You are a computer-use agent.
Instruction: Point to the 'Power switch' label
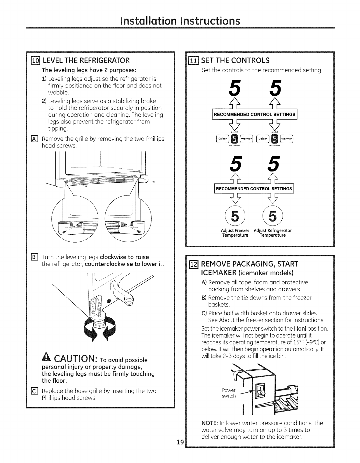(229, 393)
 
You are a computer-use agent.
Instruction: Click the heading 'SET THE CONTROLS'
(235, 60)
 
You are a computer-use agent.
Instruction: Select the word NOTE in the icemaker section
(210, 423)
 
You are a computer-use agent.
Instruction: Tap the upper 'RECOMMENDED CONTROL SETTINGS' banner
(254, 115)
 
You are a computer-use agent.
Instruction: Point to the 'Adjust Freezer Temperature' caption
(235, 233)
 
